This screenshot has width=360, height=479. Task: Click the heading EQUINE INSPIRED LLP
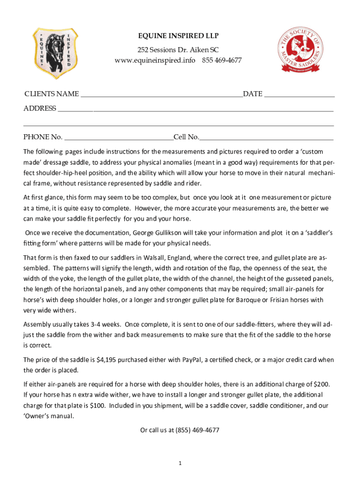click(178, 36)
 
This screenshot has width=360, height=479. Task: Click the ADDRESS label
click(40, 109)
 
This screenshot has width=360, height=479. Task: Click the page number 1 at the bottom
click(180, 463)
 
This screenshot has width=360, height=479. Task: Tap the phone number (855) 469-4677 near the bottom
click(197, 430)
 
